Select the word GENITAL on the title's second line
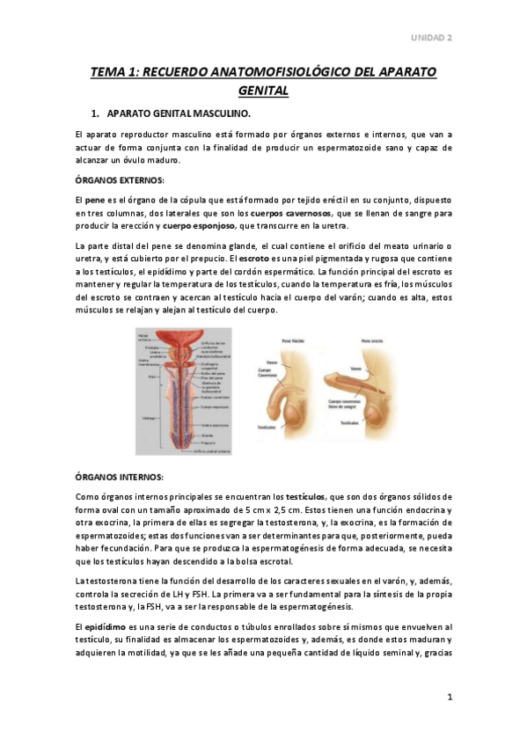click(263, 90)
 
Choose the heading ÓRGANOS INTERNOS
click(119, 476)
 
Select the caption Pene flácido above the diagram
click(292, 337)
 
